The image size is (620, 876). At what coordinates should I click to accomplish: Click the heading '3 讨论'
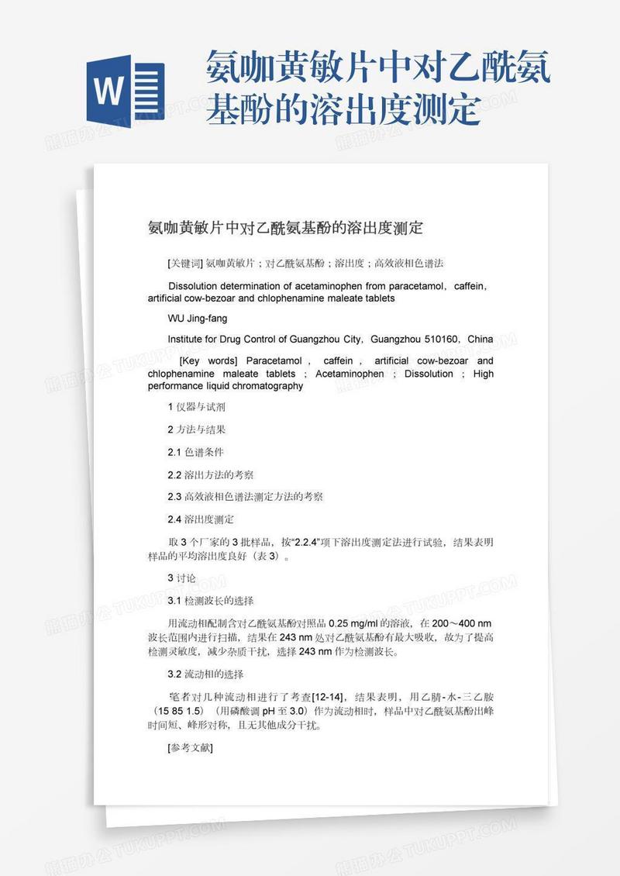coord(182,578)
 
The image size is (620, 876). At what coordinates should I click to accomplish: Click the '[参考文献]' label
coord(190,748)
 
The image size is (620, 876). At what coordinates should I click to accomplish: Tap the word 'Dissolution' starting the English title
coord(193,286)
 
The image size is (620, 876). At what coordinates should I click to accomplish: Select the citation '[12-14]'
coord(329,697)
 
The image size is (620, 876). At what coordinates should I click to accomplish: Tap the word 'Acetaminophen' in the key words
coord(350,374)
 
